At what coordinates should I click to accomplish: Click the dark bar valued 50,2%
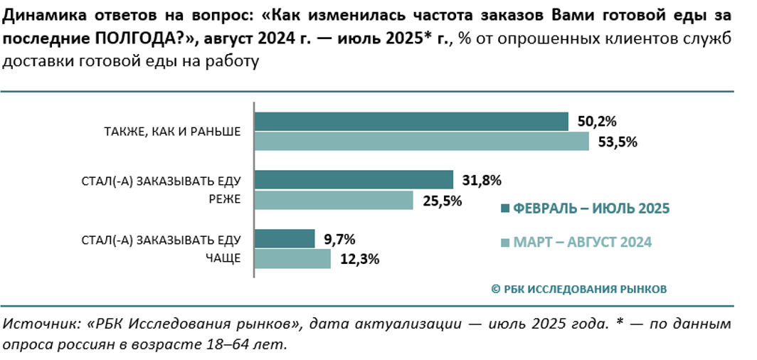411,122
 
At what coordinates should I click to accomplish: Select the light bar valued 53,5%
422,141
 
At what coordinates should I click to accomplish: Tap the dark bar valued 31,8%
354,180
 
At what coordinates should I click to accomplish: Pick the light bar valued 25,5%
334,200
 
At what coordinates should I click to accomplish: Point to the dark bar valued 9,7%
285,238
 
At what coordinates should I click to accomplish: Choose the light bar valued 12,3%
292,258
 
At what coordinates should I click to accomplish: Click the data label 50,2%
596,121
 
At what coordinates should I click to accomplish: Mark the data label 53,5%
617,141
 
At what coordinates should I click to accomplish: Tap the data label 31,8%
481,180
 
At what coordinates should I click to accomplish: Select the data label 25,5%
442,201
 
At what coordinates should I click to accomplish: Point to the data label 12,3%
359,259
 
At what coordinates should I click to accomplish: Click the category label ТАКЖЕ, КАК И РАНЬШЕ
172,131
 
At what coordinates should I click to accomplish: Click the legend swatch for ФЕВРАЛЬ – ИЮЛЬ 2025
505,208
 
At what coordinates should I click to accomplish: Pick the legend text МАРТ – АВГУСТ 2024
583,243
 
